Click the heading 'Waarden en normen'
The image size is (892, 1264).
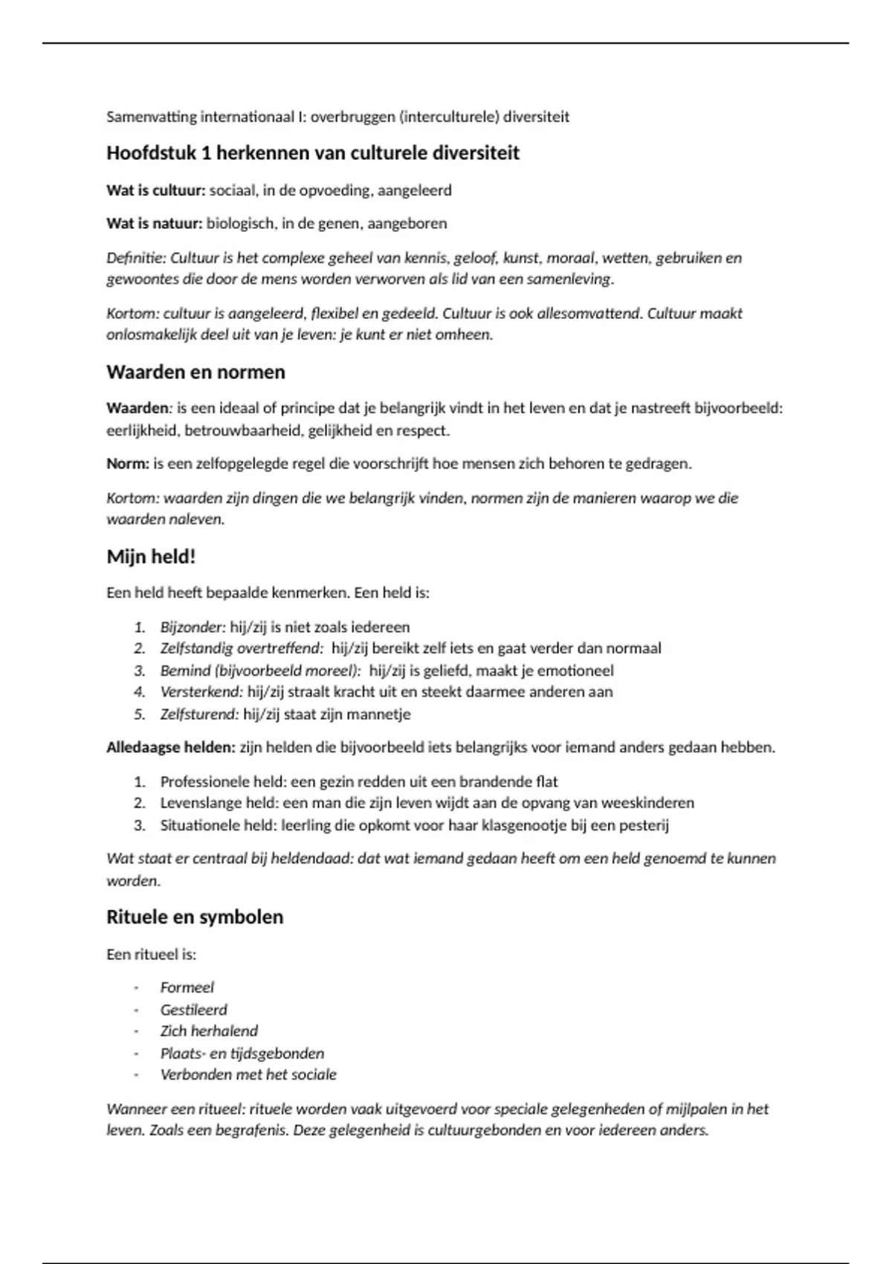pyautogui.click(x=195, y=372)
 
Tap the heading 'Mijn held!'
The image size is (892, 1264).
pyautogui.click(x=151, y=557)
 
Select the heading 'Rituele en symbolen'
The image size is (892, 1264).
pyautogui.click(x=195, y=917)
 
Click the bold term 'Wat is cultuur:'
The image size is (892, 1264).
pyautogui.click(x=155, y=190)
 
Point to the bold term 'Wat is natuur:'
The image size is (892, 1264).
pyautogui.click(x=154, y=224)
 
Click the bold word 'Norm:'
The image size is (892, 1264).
pyautogui.click(x=128, y=464)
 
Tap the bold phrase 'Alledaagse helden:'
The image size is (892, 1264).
pyautogui.click(x=170, y=747)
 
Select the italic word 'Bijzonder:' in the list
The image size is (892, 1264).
pyautogui.click(x=193, y=627)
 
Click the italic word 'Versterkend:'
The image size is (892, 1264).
pyautogui.click(x=201, y=692)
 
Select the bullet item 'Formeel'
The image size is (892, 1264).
pyautogui.click(x=187, y=987)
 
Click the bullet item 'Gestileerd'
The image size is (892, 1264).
pyautogui.click(x=193, y=1010)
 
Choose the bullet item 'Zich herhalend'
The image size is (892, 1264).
pyautogui.click(x=209, y=1031)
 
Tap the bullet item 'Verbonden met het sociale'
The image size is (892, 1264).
pyautogui.click(x=248, y=1075)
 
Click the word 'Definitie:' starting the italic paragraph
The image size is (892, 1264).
pyautogui.click(x=136, y=258)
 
